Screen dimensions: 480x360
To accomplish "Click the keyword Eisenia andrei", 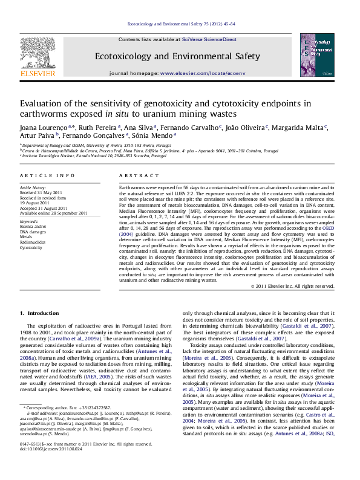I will click(34, 227).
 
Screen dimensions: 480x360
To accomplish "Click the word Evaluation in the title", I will click(42, 103).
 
